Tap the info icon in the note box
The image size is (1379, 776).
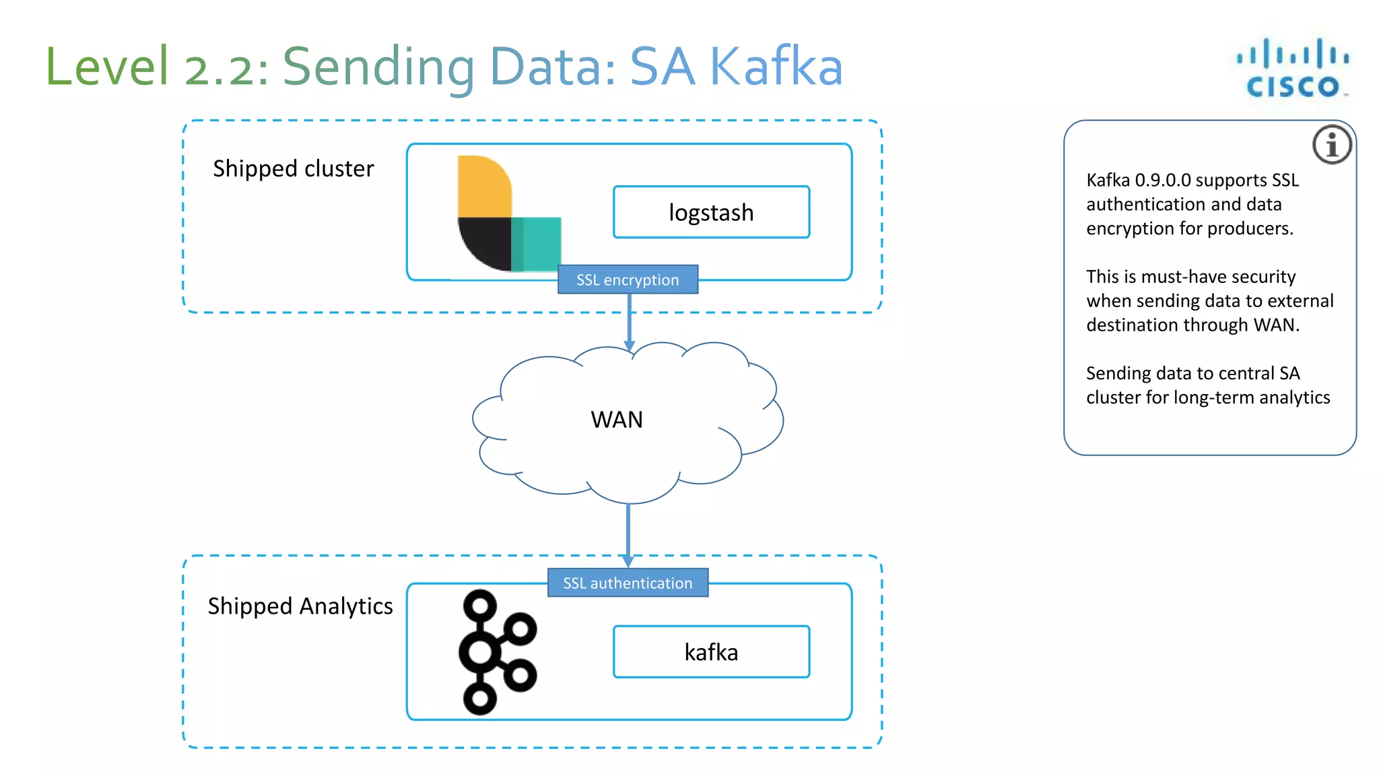(x=1331, y=145)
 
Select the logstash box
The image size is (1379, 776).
(x=711, y=212)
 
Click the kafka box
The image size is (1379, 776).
(x=711, y=652)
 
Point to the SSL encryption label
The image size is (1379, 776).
(x=628, y=280)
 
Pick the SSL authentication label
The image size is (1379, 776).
(x=628, y=583)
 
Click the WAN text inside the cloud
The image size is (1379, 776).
(x=617, y=420)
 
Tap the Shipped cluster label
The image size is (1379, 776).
(x=293, y=168)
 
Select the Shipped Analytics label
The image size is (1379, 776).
(x=300, y=606)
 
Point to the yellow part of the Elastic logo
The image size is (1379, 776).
(x=483, y=187)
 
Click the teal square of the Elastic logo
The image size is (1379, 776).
(x=537, y=243)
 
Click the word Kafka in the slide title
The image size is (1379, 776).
(x=776, y=67)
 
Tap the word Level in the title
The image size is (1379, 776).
(x=107, y=67)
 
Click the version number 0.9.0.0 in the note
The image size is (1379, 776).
(x=1163, y=181)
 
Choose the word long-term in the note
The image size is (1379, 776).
(x=1213, y=397)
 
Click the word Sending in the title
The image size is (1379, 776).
(x=378, y=67)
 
